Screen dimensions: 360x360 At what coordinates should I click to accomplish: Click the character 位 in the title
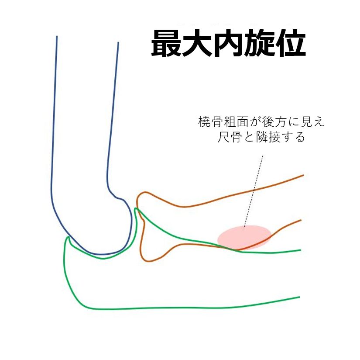(290, 43)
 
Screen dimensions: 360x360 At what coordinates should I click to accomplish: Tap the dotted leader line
(253, 191)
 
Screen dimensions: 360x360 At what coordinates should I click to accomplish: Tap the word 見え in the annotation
(313, 122)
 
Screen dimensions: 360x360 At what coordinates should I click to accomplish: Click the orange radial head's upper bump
(144, 192)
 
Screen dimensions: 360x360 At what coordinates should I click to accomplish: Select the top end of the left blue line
(57, 36)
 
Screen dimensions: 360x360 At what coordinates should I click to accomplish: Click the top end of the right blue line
(118, 42)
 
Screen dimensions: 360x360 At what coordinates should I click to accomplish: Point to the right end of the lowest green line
(300, 297)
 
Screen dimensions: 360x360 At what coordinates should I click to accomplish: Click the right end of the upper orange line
(303, 175)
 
